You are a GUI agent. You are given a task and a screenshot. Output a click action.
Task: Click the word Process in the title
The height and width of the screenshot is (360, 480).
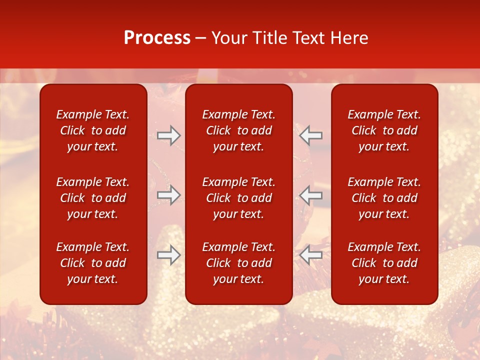click(157, 38)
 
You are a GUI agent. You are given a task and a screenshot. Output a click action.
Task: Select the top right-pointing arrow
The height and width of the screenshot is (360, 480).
click(169, 135)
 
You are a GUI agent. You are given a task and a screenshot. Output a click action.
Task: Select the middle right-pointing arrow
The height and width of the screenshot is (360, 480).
click(169, 195)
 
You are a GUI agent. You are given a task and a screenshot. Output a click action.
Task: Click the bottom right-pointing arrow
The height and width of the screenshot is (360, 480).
click(169, 255)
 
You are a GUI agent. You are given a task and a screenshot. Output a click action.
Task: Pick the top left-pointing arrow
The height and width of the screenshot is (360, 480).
click(311, 135)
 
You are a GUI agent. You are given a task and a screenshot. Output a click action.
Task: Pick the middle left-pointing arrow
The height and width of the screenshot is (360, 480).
click(311, 195)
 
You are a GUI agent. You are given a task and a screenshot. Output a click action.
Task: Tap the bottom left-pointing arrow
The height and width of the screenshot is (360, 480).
click(311, 255)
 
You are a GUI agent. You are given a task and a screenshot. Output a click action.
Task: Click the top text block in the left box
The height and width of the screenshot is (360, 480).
click(93, 130)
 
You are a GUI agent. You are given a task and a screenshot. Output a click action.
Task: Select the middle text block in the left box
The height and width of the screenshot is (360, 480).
click(93, 198)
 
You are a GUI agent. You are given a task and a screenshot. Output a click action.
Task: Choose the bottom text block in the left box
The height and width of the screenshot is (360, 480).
click(93, 263)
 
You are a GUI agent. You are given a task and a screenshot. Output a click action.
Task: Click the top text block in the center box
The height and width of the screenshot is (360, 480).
click(239, 130)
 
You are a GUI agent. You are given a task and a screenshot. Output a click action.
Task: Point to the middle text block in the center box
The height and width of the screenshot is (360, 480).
click(239, 198)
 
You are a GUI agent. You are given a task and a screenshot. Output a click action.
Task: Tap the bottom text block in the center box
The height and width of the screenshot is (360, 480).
click(239, 263)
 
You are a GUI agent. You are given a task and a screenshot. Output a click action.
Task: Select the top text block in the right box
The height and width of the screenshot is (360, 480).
click(384, 130)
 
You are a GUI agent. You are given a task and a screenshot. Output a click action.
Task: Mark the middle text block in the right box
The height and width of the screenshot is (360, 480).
click(384, 198)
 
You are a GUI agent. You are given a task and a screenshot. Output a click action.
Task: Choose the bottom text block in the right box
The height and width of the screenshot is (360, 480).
click(384, 263)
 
